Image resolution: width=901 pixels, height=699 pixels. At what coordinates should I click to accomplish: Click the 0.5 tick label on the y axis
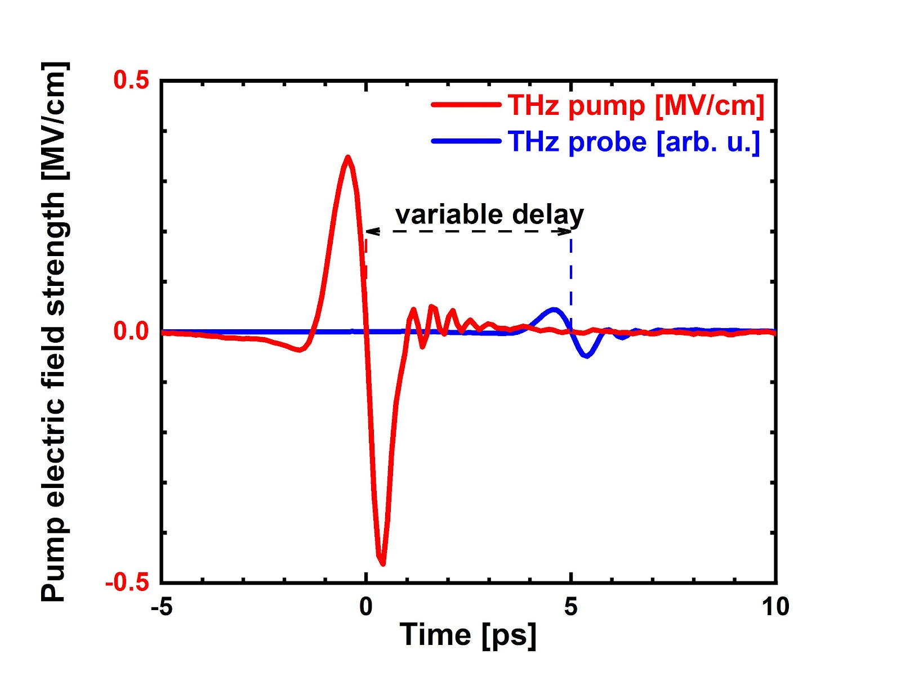131,80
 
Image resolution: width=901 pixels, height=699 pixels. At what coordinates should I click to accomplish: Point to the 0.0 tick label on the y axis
131,331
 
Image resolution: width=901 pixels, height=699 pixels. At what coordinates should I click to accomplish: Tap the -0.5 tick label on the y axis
127,582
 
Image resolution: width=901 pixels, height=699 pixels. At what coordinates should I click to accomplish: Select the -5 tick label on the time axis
162,607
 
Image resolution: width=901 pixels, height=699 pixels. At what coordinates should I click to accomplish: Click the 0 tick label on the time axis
366,607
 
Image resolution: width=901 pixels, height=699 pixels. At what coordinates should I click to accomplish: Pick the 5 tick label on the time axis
571,607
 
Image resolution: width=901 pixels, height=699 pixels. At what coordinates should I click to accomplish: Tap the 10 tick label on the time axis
775,607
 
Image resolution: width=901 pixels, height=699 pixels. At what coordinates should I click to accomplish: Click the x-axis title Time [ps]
468,635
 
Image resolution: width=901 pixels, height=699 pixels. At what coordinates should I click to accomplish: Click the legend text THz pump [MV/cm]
636,105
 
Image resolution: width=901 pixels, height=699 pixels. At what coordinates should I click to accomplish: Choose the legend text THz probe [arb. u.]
634,142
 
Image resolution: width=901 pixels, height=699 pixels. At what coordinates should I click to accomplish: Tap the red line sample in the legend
466,105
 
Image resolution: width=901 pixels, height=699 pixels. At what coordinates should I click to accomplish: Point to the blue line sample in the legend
466,141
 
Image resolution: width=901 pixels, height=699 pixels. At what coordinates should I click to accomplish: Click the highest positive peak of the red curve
348,158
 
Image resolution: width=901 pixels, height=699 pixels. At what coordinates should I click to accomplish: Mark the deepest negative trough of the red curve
383,563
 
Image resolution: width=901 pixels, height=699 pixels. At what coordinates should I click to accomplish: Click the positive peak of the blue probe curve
554,309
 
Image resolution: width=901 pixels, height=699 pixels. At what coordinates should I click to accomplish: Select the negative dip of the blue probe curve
587,356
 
